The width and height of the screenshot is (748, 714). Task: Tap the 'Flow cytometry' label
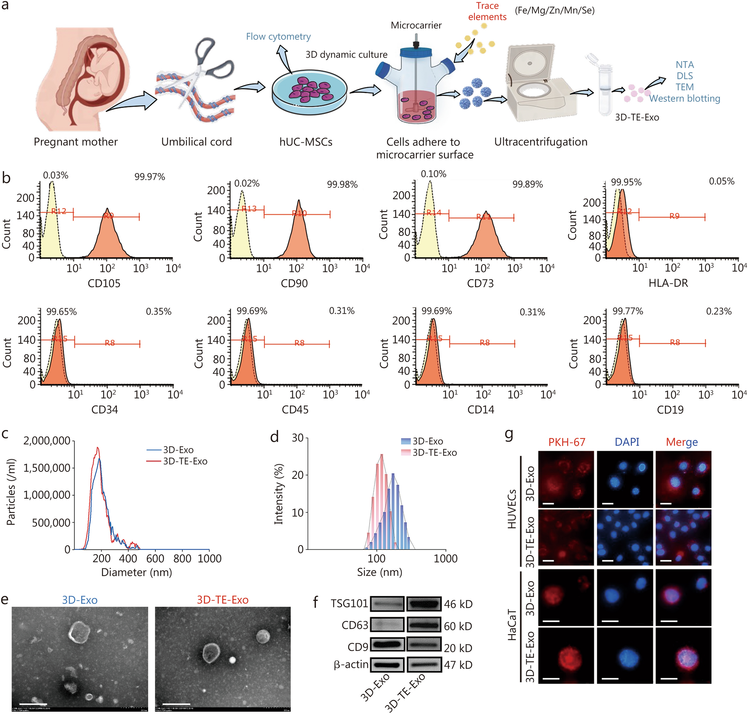point(278,37)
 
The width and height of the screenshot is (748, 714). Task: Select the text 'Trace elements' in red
point(487,11)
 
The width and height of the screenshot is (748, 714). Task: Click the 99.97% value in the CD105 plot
point(150,177)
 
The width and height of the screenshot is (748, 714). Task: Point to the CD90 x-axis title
point(294,283)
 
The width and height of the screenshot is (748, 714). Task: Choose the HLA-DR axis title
point(668,283)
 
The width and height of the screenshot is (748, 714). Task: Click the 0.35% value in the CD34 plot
point(158,312)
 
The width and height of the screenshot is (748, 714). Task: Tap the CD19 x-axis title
point(670,410)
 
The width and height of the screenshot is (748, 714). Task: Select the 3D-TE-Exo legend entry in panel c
point(185,461)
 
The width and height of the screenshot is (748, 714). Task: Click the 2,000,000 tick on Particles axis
point(47,441)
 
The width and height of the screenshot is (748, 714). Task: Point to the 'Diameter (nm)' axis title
point(137,572)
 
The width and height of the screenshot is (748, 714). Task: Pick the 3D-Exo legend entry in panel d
point(427,441)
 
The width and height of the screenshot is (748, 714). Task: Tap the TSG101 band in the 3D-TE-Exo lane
point(424,604)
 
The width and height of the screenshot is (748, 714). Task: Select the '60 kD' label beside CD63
point(458,626)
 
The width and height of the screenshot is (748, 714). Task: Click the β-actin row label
point(351,665)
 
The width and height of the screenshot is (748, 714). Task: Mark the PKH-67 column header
point(566,442)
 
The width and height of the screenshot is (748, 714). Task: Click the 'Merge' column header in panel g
point(682,442)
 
